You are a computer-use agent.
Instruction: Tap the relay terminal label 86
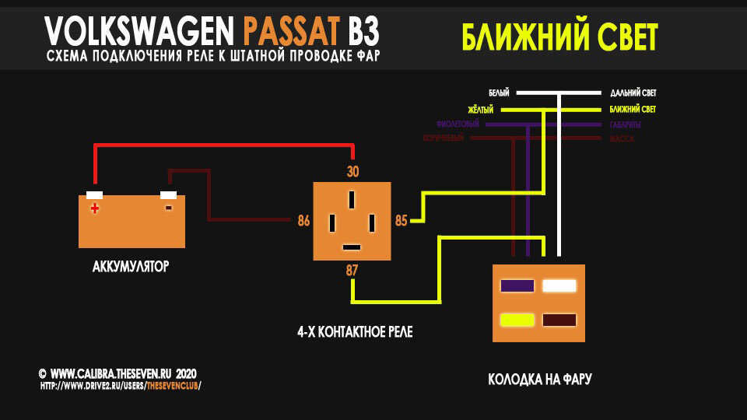(x=303, y=221)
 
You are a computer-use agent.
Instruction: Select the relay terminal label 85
(x=401, y=221)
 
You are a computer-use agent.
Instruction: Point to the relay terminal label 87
(x=352, y=270)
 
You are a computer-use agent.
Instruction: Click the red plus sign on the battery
(x=95, y=208)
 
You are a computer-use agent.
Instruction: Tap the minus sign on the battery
(x=168, y=208)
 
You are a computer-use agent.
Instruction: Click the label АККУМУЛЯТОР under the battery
(x=131, y=267)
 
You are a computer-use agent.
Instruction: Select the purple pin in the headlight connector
(x=517, y=286)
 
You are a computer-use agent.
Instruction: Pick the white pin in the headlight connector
(x=559, y=286)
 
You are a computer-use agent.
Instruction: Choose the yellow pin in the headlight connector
(x=517, y=320)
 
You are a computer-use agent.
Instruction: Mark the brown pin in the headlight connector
(x=559, y=320)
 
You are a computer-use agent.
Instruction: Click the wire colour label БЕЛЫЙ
(x=498, y=93)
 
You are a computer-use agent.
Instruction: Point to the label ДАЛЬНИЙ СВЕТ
(x=633, y=93)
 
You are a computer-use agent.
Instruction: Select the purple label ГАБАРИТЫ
(x=622, y=124)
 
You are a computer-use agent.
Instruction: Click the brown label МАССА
(x=622, y=139)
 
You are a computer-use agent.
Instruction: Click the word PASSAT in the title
(x=292, y=31)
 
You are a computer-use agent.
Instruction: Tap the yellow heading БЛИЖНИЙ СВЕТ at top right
(x=559, y=37)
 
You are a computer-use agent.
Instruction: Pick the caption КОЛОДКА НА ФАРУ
(x=540, y=380)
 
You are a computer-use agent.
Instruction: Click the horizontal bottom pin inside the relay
(x=352, y=247)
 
